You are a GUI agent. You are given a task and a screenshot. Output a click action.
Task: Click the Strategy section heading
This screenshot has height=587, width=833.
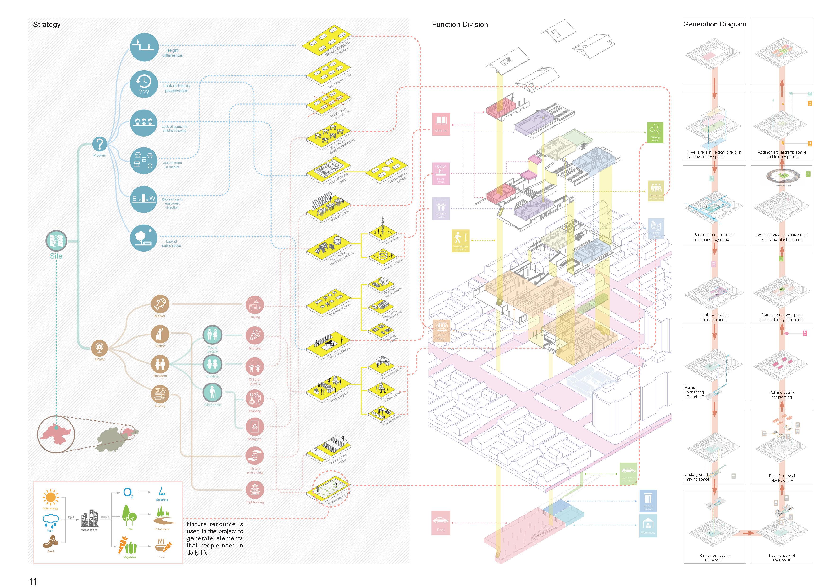(47, 25)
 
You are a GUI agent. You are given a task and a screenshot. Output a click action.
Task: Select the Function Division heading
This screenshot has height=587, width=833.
(460, 25)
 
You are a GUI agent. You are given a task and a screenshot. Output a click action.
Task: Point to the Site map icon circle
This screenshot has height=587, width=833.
(56, 241)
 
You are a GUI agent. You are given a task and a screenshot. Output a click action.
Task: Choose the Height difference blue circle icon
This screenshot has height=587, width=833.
(144, 47)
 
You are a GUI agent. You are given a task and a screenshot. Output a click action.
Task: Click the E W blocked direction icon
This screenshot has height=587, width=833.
(144, 199)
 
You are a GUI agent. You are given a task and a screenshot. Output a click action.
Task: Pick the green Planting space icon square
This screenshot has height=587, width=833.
(655, 132)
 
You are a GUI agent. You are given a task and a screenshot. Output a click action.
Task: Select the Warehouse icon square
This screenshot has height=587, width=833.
(648, 526)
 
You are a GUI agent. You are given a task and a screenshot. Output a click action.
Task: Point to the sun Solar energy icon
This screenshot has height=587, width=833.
(50, 497)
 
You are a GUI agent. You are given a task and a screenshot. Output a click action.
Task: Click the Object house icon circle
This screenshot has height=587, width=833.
(99, 348)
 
